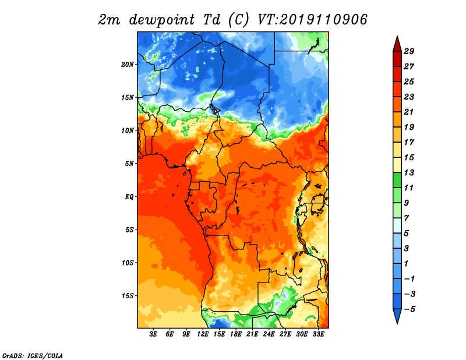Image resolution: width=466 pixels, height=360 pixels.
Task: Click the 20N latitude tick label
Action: point(128,64)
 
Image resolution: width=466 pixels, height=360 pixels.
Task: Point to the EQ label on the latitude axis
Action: point(129,196)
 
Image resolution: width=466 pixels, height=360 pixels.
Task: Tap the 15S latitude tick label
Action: point(128,295)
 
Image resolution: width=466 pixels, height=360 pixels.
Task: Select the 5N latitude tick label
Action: point(129,163)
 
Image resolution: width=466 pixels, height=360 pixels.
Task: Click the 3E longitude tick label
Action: point(154,334)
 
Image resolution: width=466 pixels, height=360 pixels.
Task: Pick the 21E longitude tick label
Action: point(252,334)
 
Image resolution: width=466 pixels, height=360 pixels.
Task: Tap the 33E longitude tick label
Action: point(318,334)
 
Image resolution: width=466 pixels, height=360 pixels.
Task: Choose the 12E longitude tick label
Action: point(203,334)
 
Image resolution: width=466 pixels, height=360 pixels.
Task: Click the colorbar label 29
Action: point(409,51)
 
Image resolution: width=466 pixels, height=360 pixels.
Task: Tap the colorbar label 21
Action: point(409,112)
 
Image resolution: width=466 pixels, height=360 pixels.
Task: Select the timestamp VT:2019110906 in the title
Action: point(312,19)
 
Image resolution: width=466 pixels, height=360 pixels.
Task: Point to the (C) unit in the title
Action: point(239,19)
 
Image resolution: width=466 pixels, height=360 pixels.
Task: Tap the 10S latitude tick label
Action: point(128,263)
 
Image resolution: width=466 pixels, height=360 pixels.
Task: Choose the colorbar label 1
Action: point(409,264)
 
